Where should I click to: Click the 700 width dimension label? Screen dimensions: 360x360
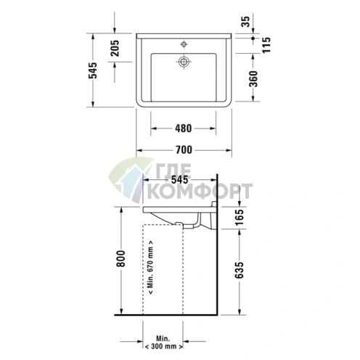[184, 150]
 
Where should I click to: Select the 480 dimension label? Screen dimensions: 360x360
[183, 129]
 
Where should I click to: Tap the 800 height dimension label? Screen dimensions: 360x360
[121, 260]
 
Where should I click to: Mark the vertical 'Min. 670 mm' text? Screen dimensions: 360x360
[150, 269]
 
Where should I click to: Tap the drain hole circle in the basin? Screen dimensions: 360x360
[184, 62]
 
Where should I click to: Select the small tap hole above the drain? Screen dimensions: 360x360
[184, 41]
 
